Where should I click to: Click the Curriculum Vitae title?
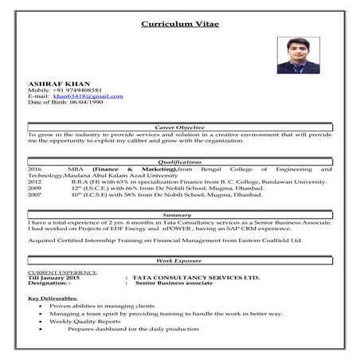click(x=179, y=24)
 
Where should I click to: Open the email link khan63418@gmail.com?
click(x=88, y=96)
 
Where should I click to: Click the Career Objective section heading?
click(x=179, y=127)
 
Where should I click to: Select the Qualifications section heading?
click(x=179, y=162)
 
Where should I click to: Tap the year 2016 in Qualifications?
click(x=34, y=170)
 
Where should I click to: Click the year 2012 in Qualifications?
click(x=34, y=182)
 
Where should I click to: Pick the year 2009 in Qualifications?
click(x=34, y=189)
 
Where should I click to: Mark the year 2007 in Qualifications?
click(x=34, y=195)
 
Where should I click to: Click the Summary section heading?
click(x=179, y=215)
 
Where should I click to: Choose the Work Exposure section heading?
click(x=179, y=260)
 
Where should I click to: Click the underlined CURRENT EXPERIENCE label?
click(x=63, y=272)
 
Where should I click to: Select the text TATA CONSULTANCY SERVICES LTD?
click(x=196, y=277)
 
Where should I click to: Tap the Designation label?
click(x=49, y=283)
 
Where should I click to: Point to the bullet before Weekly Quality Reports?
click(x=40, y=321)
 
